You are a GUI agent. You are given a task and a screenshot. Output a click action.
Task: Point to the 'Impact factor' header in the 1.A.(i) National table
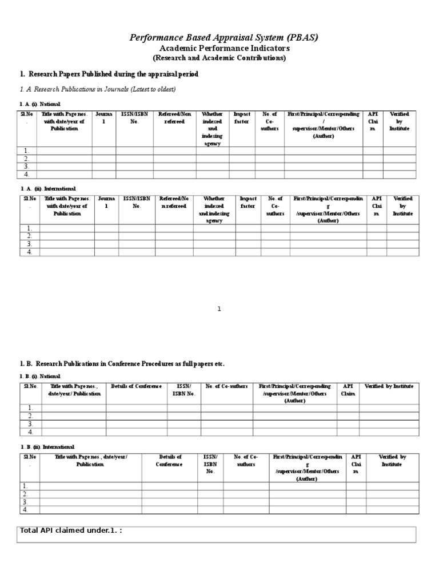[242, 118]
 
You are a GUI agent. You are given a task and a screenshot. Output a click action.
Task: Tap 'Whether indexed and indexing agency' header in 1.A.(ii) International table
[214, 209]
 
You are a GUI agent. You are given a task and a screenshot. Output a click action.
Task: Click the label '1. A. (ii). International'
[48, 188]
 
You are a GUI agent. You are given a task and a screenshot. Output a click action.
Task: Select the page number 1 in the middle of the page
[219, 309]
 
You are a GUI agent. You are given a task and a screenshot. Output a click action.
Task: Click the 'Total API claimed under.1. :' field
[218, 534]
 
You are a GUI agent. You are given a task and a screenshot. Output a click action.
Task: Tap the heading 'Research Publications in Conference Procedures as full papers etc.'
[122, 364]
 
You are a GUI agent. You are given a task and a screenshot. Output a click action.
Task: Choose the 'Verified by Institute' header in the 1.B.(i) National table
[389, 386]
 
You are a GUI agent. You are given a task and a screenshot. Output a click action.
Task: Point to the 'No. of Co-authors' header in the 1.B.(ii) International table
[246, 461]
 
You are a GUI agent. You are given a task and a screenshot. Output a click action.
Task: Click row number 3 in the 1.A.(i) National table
[26, 166]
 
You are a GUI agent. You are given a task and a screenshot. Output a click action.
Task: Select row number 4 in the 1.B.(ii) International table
[26, 509]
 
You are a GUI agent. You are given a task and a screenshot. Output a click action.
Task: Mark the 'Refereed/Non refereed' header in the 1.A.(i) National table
[175, 118]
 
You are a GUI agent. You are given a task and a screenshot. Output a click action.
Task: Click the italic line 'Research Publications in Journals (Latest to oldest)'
[98, 89]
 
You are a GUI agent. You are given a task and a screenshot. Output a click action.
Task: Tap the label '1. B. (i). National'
[40, 376]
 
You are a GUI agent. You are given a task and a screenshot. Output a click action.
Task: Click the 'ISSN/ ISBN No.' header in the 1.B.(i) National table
[183, 390]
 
